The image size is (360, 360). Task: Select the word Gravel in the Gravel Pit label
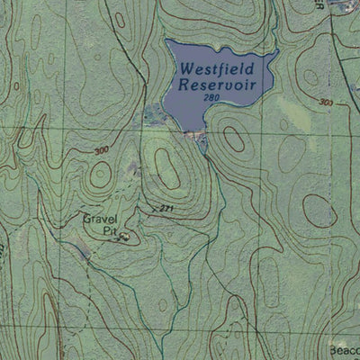tap(100, 219)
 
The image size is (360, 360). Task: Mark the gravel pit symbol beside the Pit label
tap(124, 236)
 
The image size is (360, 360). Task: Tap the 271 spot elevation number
tap(163, 209)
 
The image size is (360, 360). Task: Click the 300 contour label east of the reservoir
tap(325, 103)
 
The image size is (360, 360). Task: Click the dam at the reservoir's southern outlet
tap(193, 135)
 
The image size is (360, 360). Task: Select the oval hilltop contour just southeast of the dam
tap(233, 139)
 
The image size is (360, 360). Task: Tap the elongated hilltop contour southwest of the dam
tap(166, 167)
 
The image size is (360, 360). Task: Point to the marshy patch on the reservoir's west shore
tap(155, 113)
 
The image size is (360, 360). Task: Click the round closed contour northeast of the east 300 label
tap(312, 76)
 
